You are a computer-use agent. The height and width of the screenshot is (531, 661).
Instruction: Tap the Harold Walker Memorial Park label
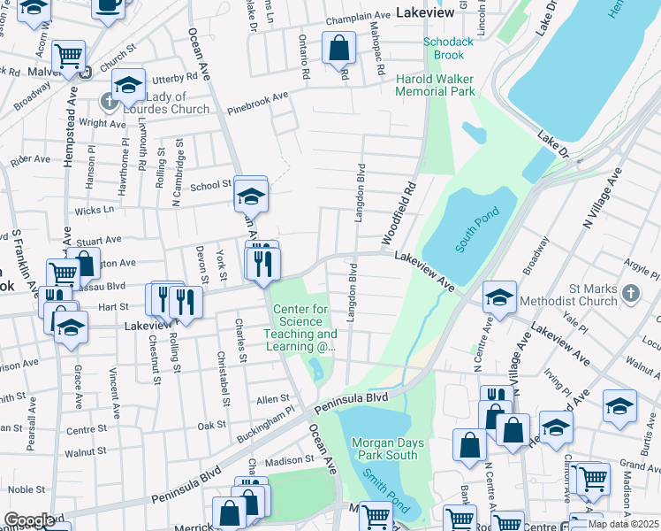coord(435,85)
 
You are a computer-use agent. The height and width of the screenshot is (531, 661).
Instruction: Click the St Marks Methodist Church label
coord(593,295)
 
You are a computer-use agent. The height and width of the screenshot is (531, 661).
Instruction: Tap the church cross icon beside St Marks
coord(630,292)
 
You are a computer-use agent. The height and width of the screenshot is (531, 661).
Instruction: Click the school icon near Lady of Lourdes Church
coord(128,85)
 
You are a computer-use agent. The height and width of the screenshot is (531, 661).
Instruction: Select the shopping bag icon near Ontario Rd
coord(338,49)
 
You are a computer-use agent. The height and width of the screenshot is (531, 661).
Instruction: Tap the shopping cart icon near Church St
coord(67,56)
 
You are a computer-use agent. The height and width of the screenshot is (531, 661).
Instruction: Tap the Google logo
coord(29,520)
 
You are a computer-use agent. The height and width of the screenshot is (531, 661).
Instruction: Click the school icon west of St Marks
coord(499,298)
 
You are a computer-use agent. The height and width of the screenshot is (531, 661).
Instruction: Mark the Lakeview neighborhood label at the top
coord(425,13)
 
